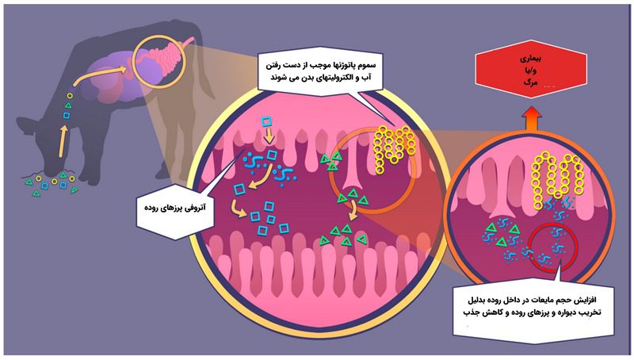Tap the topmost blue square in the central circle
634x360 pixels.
pos(268,122)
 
